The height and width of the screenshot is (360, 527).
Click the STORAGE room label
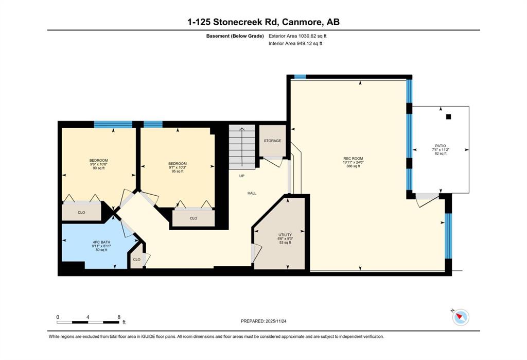pyautogui.click(x=272, y=141)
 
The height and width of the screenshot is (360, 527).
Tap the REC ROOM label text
pyautogui.click(x=353, y=159)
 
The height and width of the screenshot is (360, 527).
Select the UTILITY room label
pyautogui.click(x=285, y=235)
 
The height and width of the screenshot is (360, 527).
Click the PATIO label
pyautogui.click(x=441, y=146)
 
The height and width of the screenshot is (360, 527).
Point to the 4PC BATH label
pyautogui.click(x=101, y=242)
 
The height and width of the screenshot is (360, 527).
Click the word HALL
pyautogui.click(x=252, y=193)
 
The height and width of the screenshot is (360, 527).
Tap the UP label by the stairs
pyautogui.click(x=242, y=176)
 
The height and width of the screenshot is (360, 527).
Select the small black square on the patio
pyautogui.click(x=448, y=117)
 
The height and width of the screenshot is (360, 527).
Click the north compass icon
pyautogui.click(x=460, y=317)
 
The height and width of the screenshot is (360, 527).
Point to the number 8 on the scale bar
pyautogui.click(x=119, y=317)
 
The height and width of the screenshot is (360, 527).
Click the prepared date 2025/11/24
pyautogui.click(x=276, y=321)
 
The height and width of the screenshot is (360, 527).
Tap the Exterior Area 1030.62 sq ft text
pyautogui.click(x=297, y=36)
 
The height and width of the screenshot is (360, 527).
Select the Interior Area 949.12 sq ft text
pyautogui.click(x=295, y=43)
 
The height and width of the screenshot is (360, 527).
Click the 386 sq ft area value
pyautogui.click(x=353, y=166)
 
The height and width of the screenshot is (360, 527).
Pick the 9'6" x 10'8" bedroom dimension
pyautogui.click(x=98, y=164)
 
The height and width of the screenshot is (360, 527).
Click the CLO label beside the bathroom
pyautogui.click(x=136, y=260)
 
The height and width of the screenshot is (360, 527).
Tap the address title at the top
pyautogui.click(x=263, y=22)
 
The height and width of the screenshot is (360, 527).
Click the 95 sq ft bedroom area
pyautogui.click(x=178, y=172)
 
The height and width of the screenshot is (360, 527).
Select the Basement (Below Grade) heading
pyautogui.click(x=235, y=36)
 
